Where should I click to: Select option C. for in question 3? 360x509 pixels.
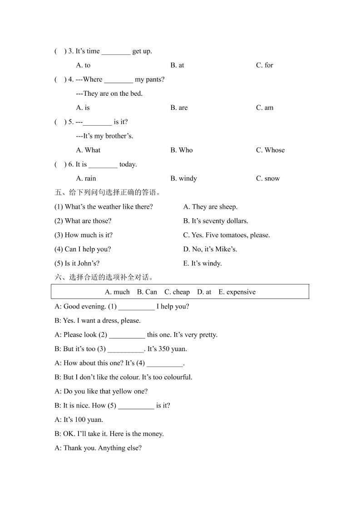[x=264, y=65]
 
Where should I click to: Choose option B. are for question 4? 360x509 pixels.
[x=179, y=108]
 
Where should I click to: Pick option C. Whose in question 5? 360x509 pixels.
[x=270, y=150]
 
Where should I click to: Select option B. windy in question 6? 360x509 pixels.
[x=183, y=179]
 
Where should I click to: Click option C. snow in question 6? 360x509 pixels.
[x=268, y=179]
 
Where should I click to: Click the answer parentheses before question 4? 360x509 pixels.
[x=60, y=79]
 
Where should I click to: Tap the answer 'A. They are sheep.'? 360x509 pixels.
[x=210, y=207]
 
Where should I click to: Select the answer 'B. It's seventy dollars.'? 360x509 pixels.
[x=216, y=221]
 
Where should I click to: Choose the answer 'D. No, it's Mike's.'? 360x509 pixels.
[x=210, y=249]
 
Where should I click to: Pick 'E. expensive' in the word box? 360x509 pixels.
[x=237, y=292]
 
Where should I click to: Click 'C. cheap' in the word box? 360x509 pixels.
[x=177, y=292]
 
